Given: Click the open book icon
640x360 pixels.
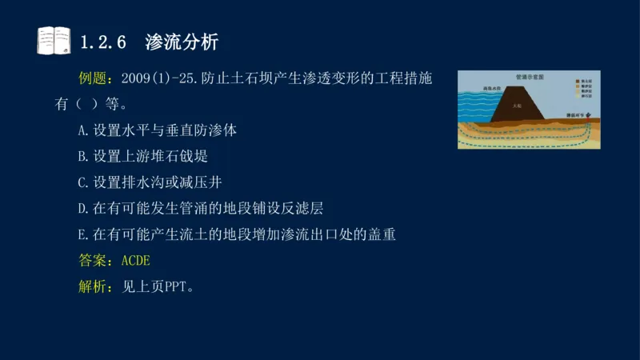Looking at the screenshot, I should point(54,40).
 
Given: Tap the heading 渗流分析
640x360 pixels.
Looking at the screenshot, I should point(182,42).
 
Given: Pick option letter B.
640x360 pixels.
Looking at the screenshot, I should point(82,156).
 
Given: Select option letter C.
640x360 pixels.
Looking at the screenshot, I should point(82,182).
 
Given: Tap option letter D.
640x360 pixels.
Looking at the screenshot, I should point(82,209).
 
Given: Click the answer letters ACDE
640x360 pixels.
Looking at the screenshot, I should point(136,261).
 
